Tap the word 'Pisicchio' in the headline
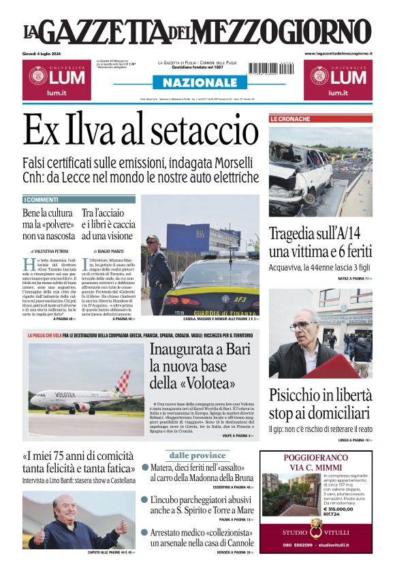(x=297, y=396)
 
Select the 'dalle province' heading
(x=198, y=455)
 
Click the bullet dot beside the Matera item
(x=144, y=468)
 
